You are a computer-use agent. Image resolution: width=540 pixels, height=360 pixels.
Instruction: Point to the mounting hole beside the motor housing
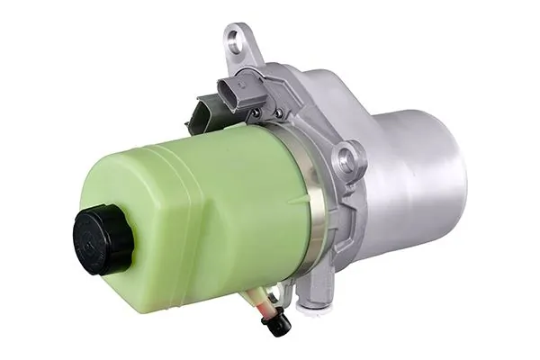[x=348, y=162]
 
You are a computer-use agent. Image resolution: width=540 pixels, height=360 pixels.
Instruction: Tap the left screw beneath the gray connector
[x=256, y=112]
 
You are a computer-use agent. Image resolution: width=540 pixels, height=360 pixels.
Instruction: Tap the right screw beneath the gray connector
[x=278, y=112]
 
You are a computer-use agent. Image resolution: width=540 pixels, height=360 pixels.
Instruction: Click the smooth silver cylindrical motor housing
[x=423, y=171]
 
